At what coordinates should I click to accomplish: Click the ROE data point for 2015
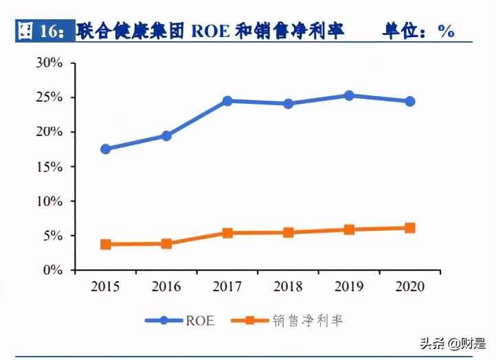pyautogui.click(x=105, y=149)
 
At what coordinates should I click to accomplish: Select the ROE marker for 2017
pyautogui.click(x=227, y=101)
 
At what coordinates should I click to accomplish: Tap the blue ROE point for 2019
pyautogui.click(x=349, y=95)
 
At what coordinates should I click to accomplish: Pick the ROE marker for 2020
pyautogui.click(x=409, y=101)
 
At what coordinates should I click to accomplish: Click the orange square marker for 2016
pyautogui.click(x=166, y=244)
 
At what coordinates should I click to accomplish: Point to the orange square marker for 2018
pyautogui.click(x=289, y=233)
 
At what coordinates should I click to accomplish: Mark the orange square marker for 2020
pyautogui.click(x=409, y=228)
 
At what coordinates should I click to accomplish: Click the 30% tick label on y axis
pyautogui.click(x=49, y=63)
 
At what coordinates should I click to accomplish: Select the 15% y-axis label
pyautogui.click(x=49, y=167)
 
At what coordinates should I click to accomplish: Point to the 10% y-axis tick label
pyautogui.click(x=49, y=201)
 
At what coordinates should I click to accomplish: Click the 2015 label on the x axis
pyautogui.click(x=105, y=286)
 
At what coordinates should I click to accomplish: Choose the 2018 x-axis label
pyautogui.click(x=289, y=286)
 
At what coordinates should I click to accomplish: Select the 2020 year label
pyautogui.click(x=409, y=286)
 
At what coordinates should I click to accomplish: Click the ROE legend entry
pyautogui.click(x=180, y=320)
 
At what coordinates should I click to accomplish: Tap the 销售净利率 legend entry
pyautogui.click(x=289, y=320)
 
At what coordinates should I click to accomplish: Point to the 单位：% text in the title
pyautogui.click(x=418, y=31)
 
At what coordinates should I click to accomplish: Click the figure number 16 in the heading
pyautogui.click(x=51, y=31)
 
